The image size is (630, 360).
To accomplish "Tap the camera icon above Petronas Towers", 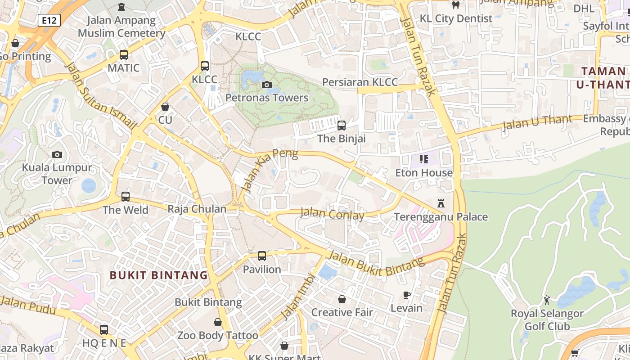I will click(267, 85).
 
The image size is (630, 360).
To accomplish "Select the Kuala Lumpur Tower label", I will click(57, 174).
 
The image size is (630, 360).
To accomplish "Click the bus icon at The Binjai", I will click(342, 125).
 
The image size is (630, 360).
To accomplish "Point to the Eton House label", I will click(424, 173).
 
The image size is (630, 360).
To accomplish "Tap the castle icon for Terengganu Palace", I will click(441, 203).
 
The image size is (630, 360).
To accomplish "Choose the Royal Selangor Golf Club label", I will click(547, 319).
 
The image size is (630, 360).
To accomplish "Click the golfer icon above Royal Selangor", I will click(547, 300).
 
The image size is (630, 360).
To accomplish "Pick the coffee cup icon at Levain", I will click(406, 295).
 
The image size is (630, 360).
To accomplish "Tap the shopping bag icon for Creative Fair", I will click(342, 299).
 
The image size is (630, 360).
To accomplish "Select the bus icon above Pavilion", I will click(262, 256).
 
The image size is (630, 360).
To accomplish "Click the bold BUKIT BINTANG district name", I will click(159, 275).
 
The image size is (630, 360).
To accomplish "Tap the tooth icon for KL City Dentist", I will click(455, 5).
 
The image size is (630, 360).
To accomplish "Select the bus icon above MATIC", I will click(124, 55).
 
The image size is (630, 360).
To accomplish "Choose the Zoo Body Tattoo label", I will click(218, 335).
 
